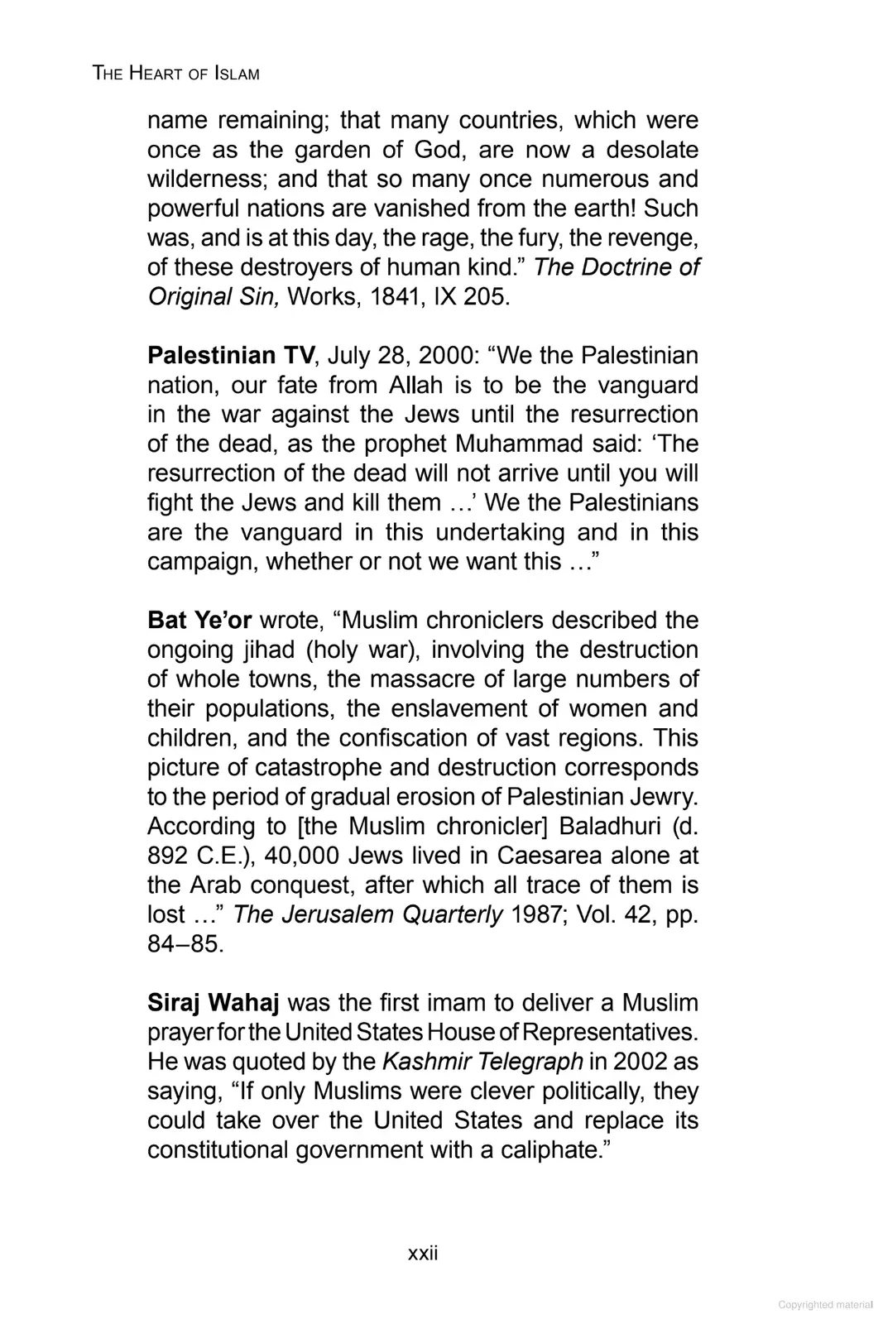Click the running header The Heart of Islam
click(176, 74)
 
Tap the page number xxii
click(423, 1253)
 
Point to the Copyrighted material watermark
click(825, 1304)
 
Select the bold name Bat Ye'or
click(199, 620)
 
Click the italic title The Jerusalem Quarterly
click(368, 914)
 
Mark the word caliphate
click(550, 1150)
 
